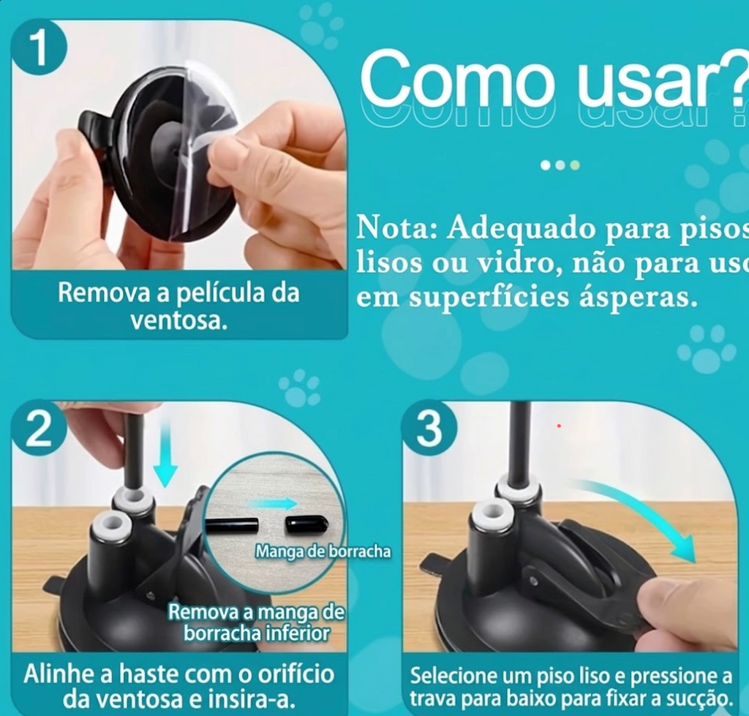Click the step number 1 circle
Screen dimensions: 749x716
tap(39, 48)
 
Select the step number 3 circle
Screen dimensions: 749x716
tap(429, 429)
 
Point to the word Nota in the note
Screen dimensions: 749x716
tap(391, 228)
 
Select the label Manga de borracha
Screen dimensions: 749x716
tap(323, 551)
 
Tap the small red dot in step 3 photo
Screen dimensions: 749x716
tap(559, 426)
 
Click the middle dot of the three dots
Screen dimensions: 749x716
tap(560, 165)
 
